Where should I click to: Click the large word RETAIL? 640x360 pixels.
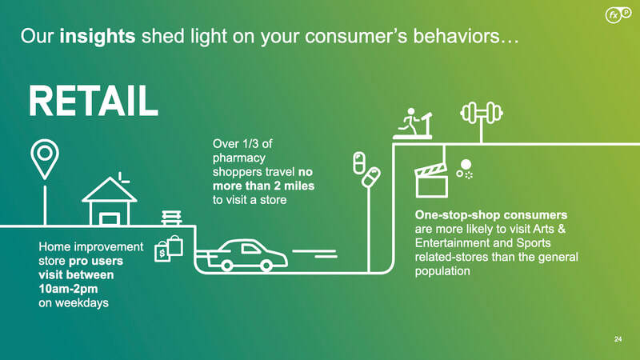pos(93,102)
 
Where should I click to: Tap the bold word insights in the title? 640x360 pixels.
pos(97,36)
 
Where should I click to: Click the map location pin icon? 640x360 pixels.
pos(45,158)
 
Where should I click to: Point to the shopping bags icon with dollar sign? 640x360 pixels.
pos(169,249)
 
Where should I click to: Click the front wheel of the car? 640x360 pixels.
pos(266,266)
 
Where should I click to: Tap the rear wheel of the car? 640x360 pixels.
pos(227,266)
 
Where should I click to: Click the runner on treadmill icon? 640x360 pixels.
pos(413,124)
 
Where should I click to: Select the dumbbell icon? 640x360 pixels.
pos(482,113)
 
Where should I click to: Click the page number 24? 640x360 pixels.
pos(618,339)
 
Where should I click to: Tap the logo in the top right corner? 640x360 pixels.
pos(618,15)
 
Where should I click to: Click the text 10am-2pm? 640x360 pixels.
pos(68,289)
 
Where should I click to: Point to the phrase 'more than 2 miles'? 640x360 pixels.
pos(264,186)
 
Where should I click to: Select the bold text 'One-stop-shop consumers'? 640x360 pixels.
pos(491,215)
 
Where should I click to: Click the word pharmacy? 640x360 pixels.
pos(238,158)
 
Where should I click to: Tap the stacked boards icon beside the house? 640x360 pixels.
pos(171,218)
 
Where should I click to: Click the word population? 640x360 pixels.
pos(442,271)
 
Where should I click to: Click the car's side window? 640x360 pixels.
pos(250,249)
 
